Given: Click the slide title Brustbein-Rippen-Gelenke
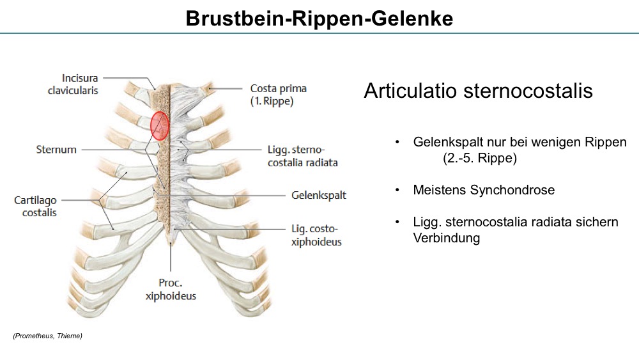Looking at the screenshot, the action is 319,19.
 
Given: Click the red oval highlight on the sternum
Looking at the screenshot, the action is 159,126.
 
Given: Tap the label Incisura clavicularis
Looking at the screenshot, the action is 73,84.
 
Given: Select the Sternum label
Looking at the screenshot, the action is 56,150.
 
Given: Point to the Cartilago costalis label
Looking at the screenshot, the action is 35,207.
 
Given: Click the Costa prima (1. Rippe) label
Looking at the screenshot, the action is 279,95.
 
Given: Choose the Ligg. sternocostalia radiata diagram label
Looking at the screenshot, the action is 303,156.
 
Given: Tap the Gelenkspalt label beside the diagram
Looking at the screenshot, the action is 319,195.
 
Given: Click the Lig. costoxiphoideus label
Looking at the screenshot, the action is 317,235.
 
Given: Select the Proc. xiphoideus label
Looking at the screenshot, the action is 171,290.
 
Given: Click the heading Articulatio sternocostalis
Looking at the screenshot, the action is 478,91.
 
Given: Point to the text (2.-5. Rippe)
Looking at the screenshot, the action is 480,158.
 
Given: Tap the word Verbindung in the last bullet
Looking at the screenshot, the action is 446,238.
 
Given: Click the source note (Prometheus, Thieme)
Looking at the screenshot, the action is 48,336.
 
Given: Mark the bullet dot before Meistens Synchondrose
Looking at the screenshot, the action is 397,190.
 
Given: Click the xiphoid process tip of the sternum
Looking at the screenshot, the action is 171,244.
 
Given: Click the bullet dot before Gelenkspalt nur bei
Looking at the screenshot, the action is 397,143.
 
